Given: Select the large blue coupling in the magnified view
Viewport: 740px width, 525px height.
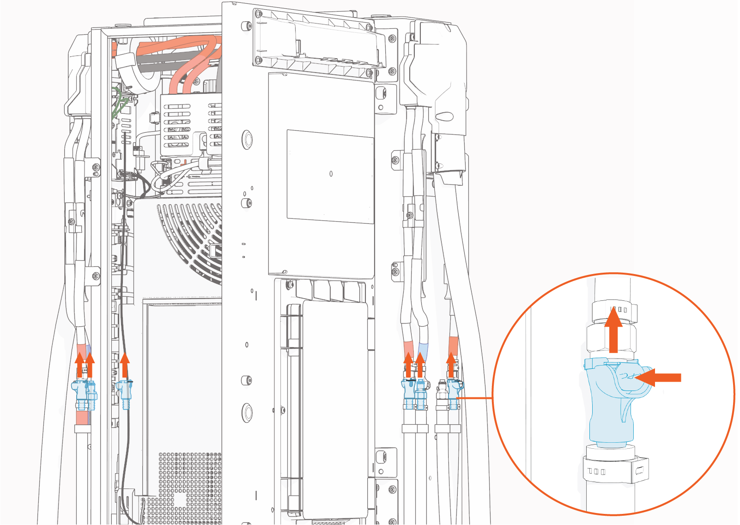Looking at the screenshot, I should [610, 402].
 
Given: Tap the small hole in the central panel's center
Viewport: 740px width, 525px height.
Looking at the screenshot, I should [331, 174].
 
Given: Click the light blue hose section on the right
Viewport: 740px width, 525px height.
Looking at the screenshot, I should [423, 349].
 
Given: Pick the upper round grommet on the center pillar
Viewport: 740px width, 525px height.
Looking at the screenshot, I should [247, 139].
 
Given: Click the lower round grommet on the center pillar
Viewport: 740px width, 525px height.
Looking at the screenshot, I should [247, 412].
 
